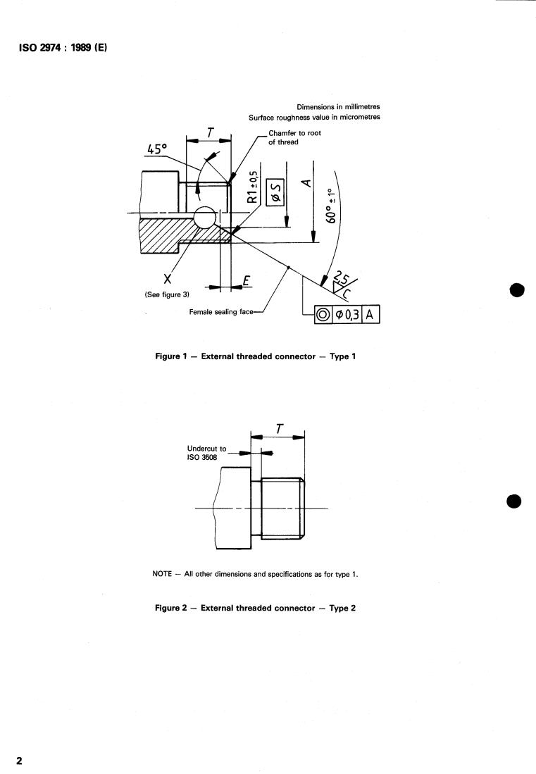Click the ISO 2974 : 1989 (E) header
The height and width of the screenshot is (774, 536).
tap(63, 47)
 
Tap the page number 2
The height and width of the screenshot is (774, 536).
tap(19, 761)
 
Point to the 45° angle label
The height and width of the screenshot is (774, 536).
tap(158, 149)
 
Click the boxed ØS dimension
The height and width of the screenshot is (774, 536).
tap(275, 192)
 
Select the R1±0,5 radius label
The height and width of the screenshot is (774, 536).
tap(252, 187)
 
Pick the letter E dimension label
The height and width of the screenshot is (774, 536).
tap(247, 281)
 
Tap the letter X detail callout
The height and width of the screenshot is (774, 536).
tap(168, 279)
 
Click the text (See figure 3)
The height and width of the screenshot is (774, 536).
tap(167, 294)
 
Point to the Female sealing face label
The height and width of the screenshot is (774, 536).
tap(221, 312)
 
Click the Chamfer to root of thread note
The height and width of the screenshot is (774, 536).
tap(294, 138)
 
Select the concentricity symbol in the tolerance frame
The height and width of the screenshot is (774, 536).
tap(323, 314)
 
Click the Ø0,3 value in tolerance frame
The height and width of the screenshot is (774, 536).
tap(347, 314)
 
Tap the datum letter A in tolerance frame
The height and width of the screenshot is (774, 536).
tap(369, 314)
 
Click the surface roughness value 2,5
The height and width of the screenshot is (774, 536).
tap(341, 277)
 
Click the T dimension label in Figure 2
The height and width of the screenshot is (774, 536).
tap(280, 429)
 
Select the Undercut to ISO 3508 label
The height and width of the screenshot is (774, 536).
tap(206, 453)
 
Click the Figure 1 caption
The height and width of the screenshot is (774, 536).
tap(255, 356)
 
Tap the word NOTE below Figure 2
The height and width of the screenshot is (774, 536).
tap(162, 574)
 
